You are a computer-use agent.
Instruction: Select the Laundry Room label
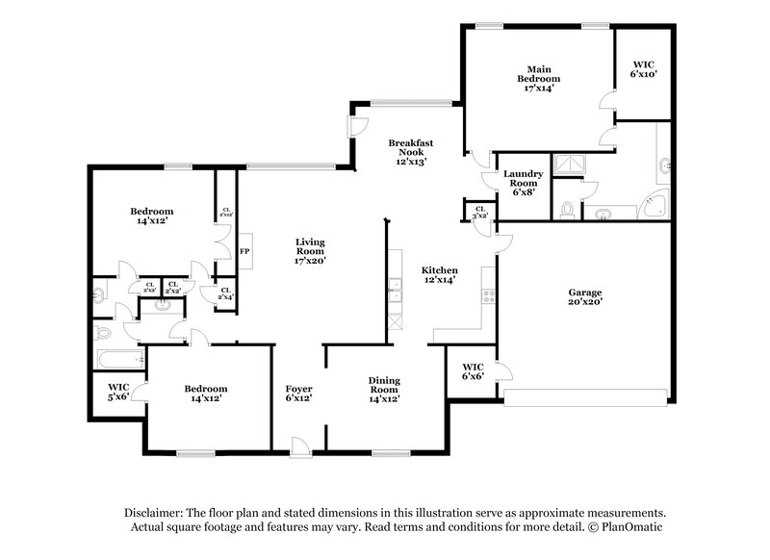click(x=524, y=182)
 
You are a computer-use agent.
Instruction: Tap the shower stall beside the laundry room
click(x=569, y=165)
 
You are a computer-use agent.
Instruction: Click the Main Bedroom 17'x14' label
click(x=538, y=79)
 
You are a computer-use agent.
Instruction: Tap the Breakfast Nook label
click(x=410, y=152)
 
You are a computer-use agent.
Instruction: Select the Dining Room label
click(x=384, y=388)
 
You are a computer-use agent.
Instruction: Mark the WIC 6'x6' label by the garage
click(x=473, y=370)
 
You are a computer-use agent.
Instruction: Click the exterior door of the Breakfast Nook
click(x=355, y=127)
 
